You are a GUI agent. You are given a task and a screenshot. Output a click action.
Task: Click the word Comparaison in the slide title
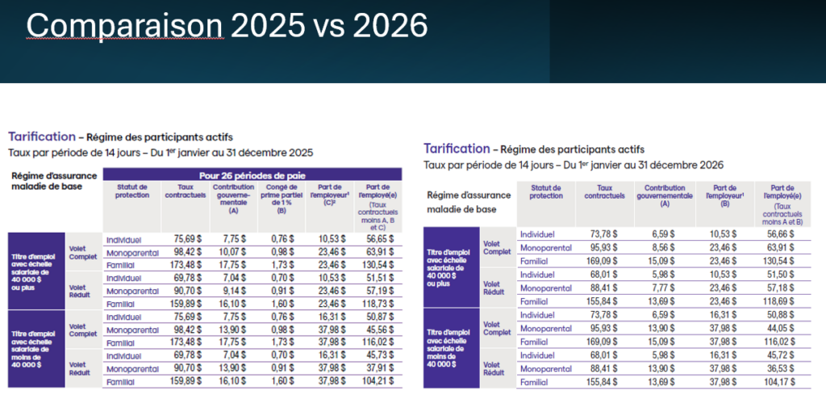[x=124, y=26]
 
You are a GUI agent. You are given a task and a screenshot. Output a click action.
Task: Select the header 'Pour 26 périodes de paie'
[x=252, y=175]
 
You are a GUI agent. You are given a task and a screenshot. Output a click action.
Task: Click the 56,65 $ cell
[x=378, y=240]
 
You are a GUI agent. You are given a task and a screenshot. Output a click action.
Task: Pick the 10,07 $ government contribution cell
[x=228, y=252]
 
